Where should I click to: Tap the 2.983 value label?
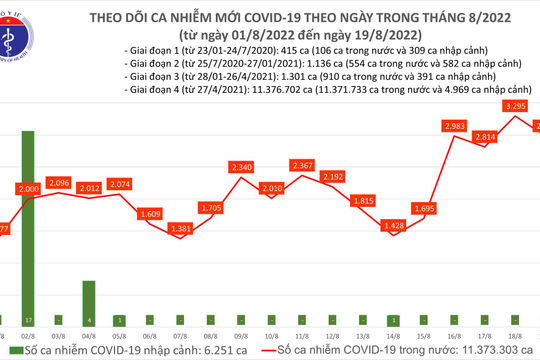(x=455, y=125)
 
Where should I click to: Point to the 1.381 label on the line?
(x=180, y=229)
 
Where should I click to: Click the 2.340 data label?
(x=242, y=168)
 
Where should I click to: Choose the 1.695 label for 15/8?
(x=425, y=209)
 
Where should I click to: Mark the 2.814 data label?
(x=486, y=136)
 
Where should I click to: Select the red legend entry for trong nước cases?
(x=390, y=352)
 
